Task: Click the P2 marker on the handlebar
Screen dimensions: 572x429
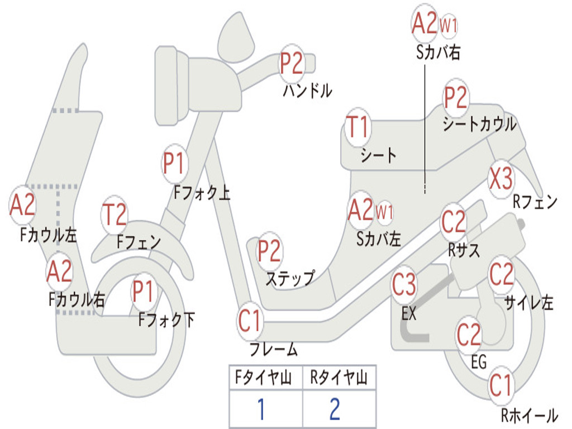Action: (292, 63)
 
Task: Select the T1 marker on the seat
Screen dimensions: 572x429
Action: (358, 127)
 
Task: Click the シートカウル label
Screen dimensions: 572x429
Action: (479, 124)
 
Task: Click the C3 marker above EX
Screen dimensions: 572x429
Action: (404, 285)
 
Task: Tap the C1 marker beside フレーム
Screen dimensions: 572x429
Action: (250, 321)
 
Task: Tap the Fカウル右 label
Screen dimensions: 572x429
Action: (77, 299)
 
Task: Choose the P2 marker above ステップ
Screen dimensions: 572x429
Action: (269, 251)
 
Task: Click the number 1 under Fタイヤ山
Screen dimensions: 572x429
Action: (261, 409)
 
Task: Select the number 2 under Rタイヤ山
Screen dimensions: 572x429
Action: (335, 409)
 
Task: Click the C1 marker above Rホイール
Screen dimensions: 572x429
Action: (500, 385)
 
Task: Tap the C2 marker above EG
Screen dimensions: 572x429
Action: (469, 334)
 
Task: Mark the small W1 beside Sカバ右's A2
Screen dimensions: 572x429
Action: (449, 25)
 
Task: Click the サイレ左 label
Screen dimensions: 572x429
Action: (528, 303)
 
